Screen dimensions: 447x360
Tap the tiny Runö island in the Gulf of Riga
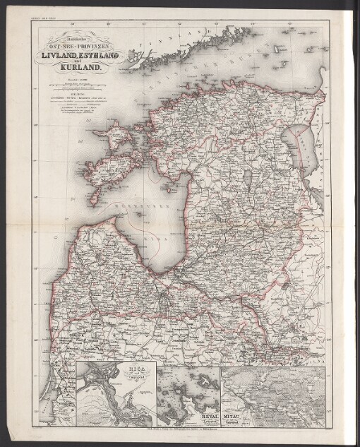150,220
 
